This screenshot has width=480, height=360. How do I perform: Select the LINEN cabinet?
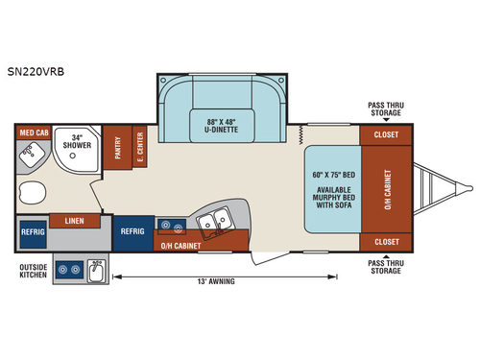[x=75, y=220]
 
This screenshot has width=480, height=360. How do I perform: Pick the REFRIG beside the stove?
[x=132, y=231]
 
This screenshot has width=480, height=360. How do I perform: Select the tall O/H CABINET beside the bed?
[x=387, y=188]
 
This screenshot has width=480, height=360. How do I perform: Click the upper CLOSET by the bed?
[x=387, y=135]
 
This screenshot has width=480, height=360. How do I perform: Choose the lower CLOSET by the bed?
[x=387, y=241]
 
